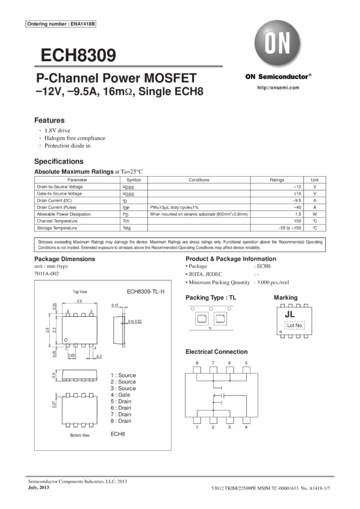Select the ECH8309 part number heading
click(78, 56)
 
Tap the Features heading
click(49, 120)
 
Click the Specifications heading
click(59, 162)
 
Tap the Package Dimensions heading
click(64, 259)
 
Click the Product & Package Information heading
click(235, 259)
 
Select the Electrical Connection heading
click(216, 352)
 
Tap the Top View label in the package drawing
click(80, 292)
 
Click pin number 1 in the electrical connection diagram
click(198, 427)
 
